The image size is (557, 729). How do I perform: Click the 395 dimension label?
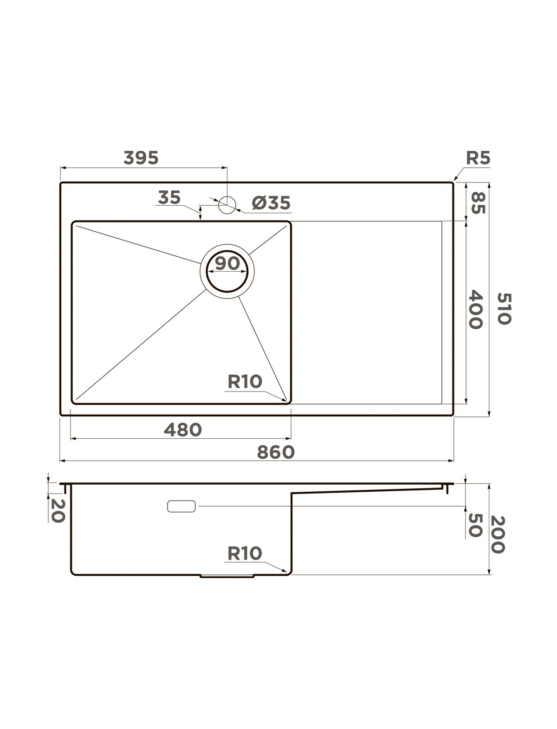[x=141, y=158]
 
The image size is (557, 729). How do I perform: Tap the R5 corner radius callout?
[x=478, y=158]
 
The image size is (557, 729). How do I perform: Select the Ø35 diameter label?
[x=271, y=202]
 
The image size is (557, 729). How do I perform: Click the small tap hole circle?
[x=227, y=205]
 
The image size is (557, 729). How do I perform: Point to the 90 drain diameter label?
[x=227, y=263]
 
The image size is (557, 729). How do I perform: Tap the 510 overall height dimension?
[x=504, y=308]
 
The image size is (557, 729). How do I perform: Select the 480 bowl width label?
[x=182, y=430]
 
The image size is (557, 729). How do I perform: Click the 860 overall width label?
[x=276, y=452]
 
